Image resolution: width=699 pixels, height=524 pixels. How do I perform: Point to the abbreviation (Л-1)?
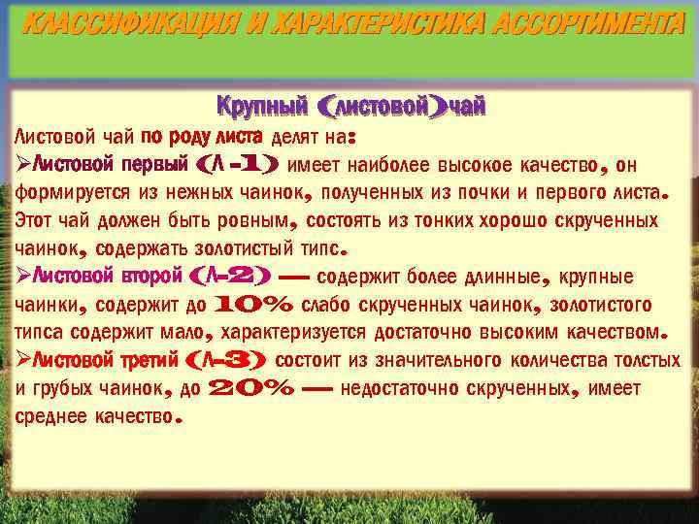pos(238,164)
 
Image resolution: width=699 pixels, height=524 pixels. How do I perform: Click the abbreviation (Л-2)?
pos(232,277)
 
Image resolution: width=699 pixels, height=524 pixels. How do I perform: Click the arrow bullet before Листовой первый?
pos(23,164)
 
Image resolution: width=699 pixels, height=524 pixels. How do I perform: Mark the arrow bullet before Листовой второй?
pos(23,277)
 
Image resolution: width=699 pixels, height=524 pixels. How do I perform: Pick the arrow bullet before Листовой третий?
pos(23,362)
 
